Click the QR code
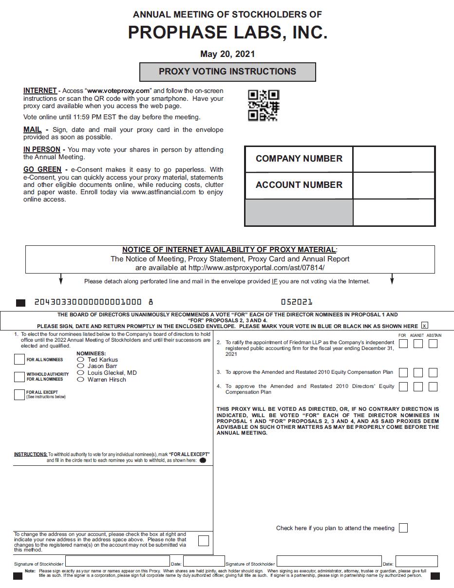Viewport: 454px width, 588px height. [x=263, y=105]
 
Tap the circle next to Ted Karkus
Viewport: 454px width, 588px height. [x=81, y=360]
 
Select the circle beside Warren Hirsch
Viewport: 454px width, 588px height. [x=81, y=380]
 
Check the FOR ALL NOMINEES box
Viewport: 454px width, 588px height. [x=19, y=360]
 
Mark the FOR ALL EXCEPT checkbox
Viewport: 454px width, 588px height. [x=19, y=394]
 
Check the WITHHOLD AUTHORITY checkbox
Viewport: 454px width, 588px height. [x=19, y=377]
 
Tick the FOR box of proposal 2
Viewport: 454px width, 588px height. [x=403, y=344]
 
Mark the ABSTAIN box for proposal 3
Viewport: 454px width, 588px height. [x=433, y=373]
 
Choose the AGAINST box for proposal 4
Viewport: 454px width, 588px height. [x=418, y=387]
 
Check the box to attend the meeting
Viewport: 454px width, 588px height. [x=403, y=528]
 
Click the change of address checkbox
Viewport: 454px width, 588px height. [x=204, y=540]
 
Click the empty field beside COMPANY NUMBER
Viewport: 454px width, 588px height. [x=394, y=159]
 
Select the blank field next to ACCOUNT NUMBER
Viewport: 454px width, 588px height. [x=394, y=185]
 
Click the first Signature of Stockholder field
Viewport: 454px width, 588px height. [x=117, y=562]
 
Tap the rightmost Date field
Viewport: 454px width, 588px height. [x=416, y=562]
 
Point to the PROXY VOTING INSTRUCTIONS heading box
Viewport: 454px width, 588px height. [x=227, y=72]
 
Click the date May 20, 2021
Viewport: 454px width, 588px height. [x=227, y=54]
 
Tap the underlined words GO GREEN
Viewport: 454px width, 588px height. [x=42, y=169]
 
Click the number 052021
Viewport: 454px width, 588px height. [x=297, y=302]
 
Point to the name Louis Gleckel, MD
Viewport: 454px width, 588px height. [x=112, y=373]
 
